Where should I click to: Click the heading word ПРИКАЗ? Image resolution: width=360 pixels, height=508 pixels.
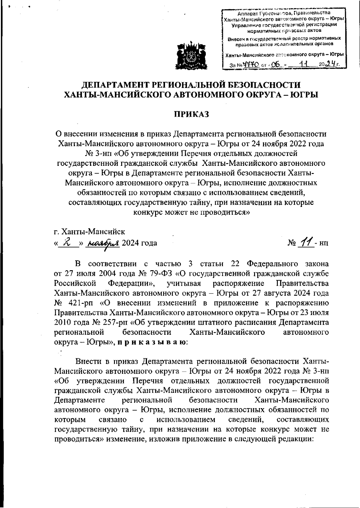tap(191, 114)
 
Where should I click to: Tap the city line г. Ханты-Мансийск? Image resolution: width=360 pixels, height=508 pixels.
tap(89, 232)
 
